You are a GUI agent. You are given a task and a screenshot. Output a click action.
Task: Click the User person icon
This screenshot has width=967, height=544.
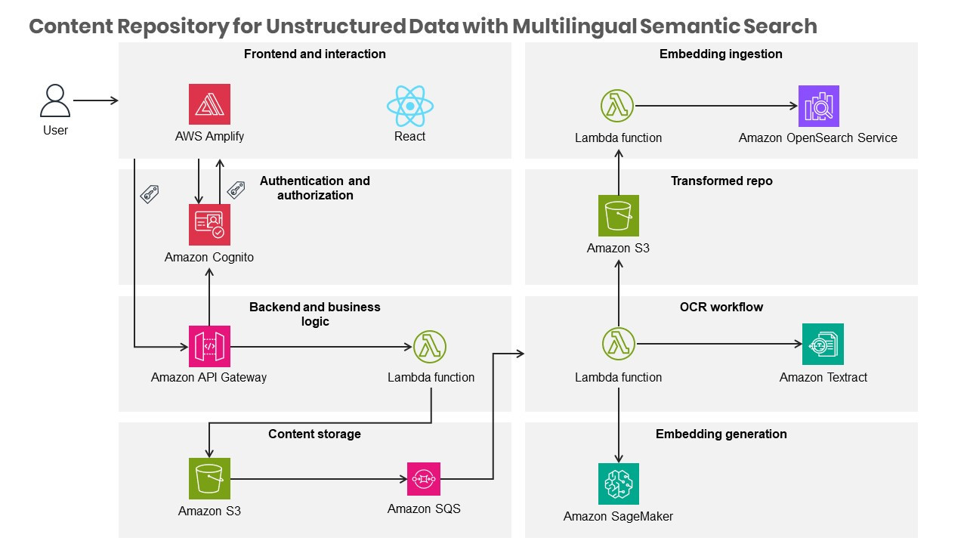point(55,100)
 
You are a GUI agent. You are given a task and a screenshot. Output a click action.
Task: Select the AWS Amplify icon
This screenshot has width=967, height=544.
point(209,104)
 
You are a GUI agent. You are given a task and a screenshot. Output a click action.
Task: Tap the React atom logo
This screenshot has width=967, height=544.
point(409,106)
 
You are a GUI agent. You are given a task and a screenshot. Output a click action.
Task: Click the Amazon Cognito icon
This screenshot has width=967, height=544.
point(209,224)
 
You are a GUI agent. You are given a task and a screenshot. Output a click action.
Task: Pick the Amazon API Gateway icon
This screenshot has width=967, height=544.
point(209,347)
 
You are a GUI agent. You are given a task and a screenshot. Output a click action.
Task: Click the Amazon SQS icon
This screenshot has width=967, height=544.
point(424,479)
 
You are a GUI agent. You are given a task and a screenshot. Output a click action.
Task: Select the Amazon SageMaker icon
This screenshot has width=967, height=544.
point(619,484)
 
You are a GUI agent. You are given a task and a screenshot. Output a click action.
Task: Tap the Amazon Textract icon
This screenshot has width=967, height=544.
point(823,345)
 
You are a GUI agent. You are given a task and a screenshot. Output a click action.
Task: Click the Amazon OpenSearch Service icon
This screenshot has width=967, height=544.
point(818,106)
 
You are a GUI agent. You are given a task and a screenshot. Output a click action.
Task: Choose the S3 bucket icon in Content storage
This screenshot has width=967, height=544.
point(209,478)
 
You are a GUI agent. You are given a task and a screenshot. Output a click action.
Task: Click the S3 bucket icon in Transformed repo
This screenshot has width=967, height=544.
point(618,215)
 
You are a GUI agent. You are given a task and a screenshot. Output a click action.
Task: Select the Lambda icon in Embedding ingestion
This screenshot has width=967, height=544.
point(618,106)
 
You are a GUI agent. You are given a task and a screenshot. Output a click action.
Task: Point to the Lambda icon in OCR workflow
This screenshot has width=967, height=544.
point(619,345)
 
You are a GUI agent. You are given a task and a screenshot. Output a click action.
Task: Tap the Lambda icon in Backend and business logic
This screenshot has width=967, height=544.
point(430,347)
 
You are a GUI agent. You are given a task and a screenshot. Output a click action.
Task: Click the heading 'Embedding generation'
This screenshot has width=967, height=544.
point(721,434)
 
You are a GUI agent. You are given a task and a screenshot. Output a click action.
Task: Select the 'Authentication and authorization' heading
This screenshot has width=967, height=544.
point(315,188)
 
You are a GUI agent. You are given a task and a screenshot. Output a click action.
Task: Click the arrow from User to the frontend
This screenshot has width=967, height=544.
point(95,100)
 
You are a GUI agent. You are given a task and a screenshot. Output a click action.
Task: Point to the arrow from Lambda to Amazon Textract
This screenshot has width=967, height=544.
point(718,345)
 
